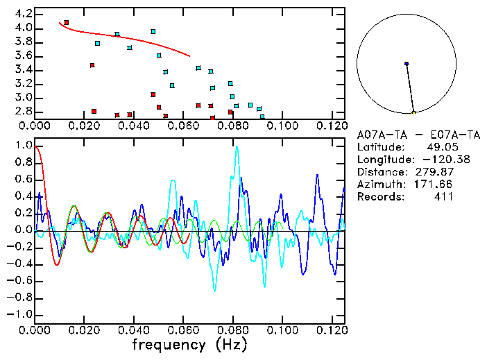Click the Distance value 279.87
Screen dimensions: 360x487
[434, 172]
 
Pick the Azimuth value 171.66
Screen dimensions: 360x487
[434, 185]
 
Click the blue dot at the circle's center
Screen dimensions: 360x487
[407, 64]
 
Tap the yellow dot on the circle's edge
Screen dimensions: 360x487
[413, 112]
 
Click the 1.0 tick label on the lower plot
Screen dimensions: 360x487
[23, 146]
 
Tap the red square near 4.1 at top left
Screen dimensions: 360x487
[66, 23]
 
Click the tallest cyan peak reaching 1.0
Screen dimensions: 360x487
[237, 147]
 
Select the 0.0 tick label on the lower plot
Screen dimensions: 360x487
[23, 230]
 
